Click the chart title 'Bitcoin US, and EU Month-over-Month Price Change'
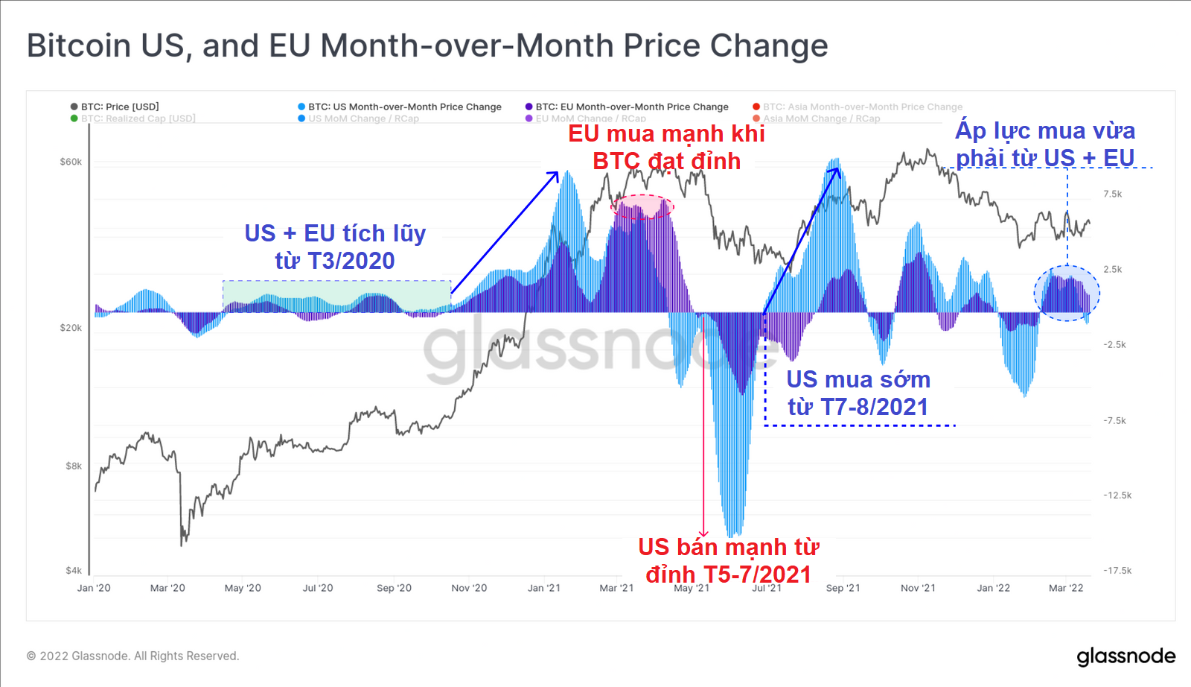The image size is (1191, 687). click(427, 45)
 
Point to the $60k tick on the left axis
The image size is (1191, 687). click(71, 162)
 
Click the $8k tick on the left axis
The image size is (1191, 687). click(74, 466)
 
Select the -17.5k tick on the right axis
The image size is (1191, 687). click(1117, 571)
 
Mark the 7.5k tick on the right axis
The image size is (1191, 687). click(1112, 194)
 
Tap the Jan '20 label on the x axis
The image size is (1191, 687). click(94, 588)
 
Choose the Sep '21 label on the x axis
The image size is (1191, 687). click(843, 588)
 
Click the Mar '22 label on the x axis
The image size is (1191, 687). click(1066, 588)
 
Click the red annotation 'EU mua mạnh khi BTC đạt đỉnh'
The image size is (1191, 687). click(666, 147)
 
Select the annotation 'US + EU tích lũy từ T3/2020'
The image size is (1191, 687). click(335, 247)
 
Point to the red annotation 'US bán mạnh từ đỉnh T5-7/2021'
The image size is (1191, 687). click(728, 560)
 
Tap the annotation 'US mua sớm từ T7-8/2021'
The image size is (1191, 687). click(858, 393)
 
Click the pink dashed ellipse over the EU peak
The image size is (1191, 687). click(642, 206)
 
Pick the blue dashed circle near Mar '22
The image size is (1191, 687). click(1067, 293)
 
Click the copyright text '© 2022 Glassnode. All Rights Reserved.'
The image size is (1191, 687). click(132, 656)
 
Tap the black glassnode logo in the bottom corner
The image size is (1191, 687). click(1125, 656)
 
